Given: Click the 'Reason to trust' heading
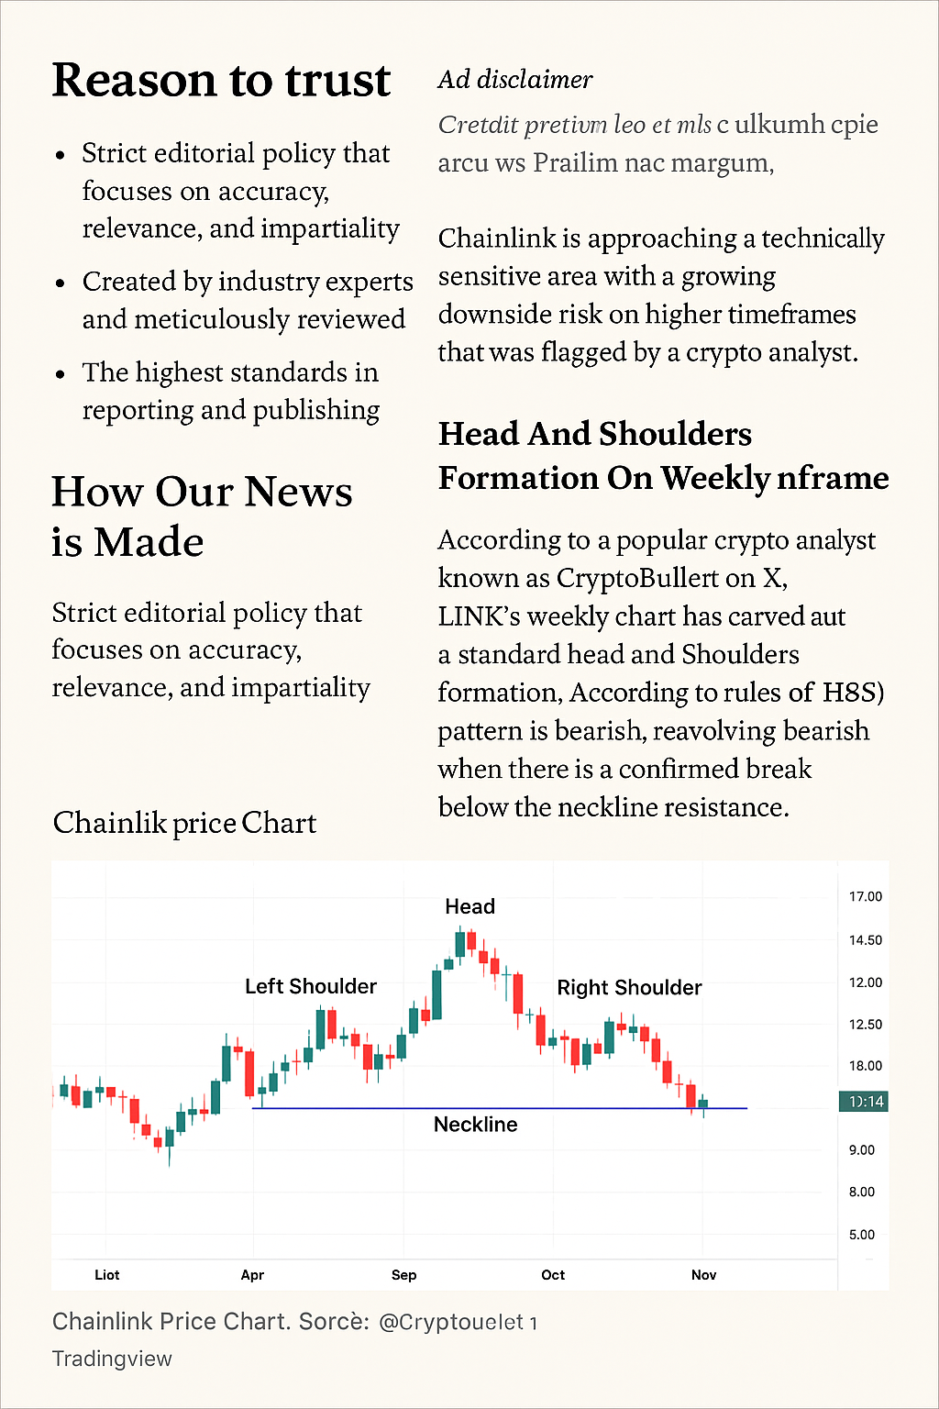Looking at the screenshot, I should click(221, 81).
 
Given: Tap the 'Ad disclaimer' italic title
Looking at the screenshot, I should click(514, 80).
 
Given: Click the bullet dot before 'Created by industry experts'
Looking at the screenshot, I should click(61, 283).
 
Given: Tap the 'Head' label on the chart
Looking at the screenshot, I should click(469, 906).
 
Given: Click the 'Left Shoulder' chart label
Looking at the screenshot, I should click(310, 986).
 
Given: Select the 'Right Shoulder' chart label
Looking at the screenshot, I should click(629, 987).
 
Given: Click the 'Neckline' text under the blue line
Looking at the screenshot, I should click(475, 1125).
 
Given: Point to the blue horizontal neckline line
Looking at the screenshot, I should click(367, 1108).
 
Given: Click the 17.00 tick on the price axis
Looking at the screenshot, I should click(865, 896).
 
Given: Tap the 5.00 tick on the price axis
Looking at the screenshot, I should click(861, 1235).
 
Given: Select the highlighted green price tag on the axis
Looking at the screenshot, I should click(863, 1102).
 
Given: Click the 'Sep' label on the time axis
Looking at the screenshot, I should click(403, 1275).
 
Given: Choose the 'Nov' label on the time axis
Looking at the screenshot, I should click(703, 1275).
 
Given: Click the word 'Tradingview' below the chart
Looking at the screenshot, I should click(112, 1359).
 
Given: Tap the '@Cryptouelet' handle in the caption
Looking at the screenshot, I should click(458, 1322).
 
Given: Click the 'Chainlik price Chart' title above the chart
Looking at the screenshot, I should click(184, 823).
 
